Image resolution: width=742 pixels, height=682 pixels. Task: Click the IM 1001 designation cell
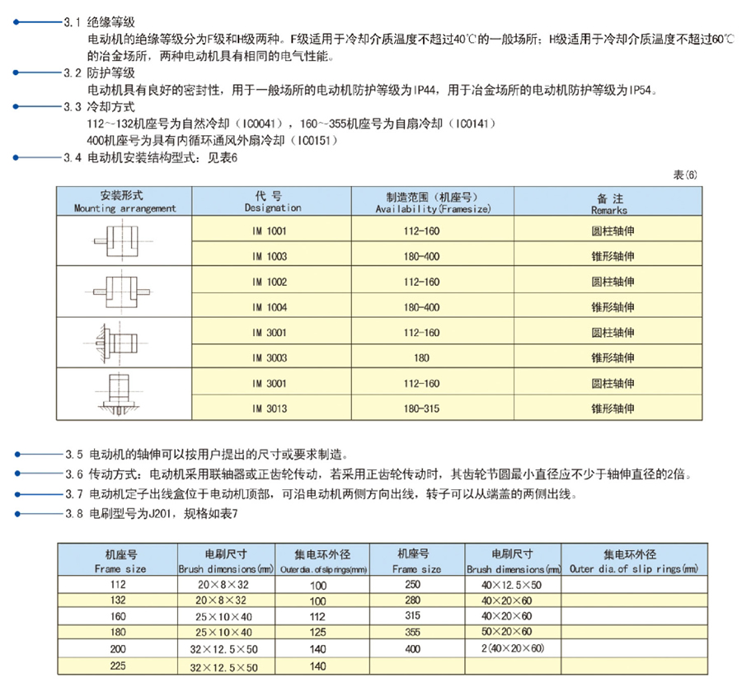tap(271, 231)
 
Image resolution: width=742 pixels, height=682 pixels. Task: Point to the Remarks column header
tap(609, 203)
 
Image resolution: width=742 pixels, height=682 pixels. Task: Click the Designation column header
tap(271, 203)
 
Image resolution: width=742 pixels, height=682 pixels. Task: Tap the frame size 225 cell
tap(115, 666)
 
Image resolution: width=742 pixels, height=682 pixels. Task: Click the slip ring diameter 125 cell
tap(317, 631)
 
